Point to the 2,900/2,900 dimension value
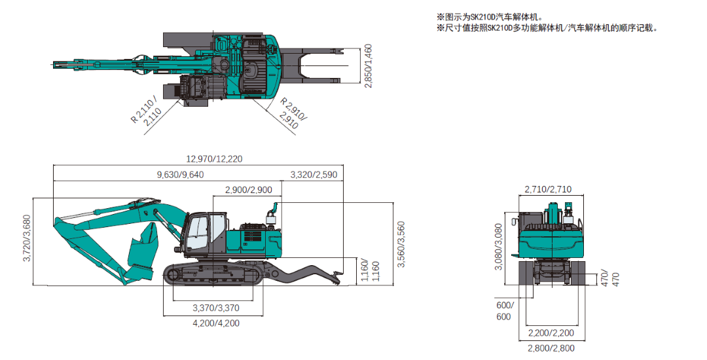(248, 190)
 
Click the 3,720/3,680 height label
(27, 238)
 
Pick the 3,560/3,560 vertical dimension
(401, 245)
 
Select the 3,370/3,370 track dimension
(216, 308)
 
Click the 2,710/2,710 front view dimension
(548, 190)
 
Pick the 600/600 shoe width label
(503, 311)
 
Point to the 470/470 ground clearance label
(609, 278)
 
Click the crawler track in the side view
(213, 275)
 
